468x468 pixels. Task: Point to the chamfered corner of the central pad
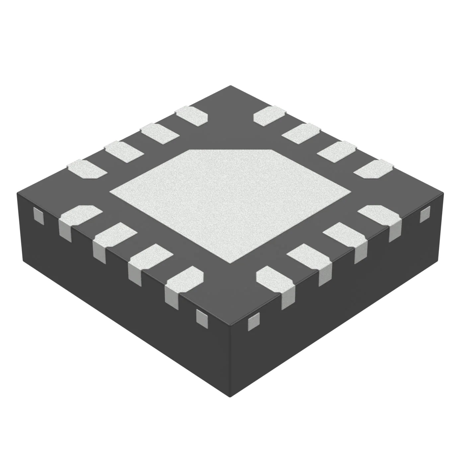click(x=230, y=150)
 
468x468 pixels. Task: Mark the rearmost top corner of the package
click(x=230, y=86)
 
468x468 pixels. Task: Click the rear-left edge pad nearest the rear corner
click(x=192, y=115)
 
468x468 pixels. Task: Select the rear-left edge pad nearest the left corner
click(x=87, y=169)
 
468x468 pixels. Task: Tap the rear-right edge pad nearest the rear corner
click(x=270, y=115)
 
